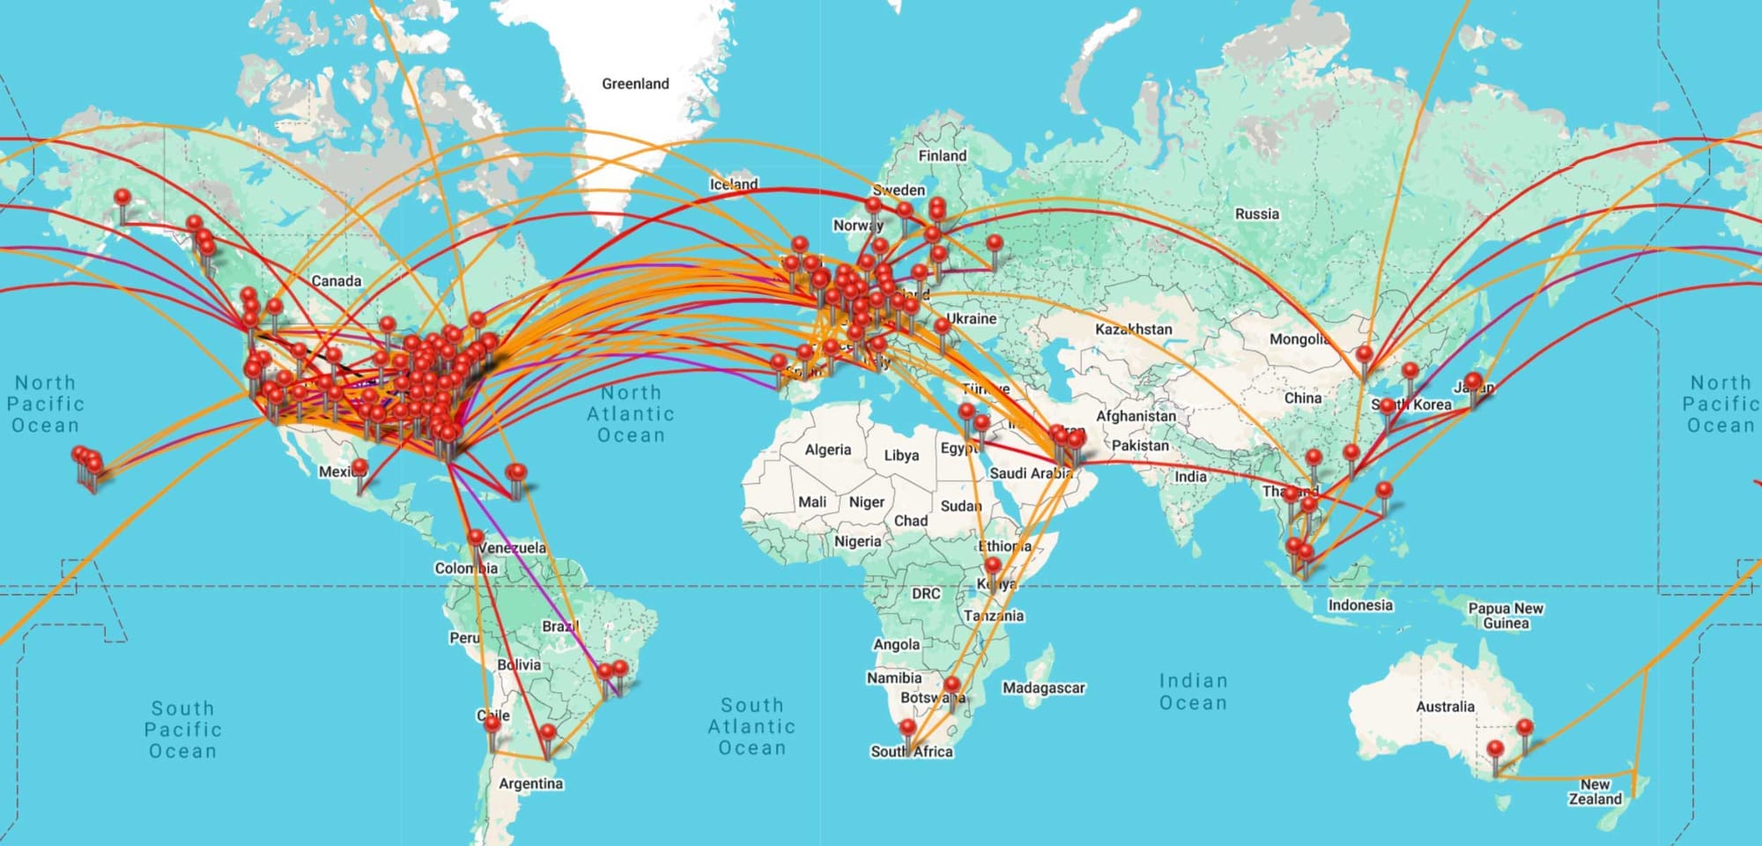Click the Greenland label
[x=635, y=84]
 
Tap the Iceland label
[x=733, y=184]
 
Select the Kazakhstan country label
[x=1134, y=329]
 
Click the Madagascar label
[x=1043, y=687]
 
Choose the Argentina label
[x=530, y=783]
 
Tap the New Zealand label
[x=1595, y=791]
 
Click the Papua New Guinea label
[x=1505, y=615]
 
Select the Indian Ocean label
[x=1193, y=692]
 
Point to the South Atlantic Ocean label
[x=751, y=726]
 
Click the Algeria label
[x=827, y=449]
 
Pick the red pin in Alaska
[x=122, y=197]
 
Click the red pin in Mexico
[x=359, y=466]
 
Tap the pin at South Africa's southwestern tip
[x=907, y=728]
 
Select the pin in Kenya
[x=993, y=566]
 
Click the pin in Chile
[x=492, y=724]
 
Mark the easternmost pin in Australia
[x=1525, y=729]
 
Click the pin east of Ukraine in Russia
[x=995, y=242]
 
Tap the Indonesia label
[x=1360, y=605]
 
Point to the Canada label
[x=336, y=281]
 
